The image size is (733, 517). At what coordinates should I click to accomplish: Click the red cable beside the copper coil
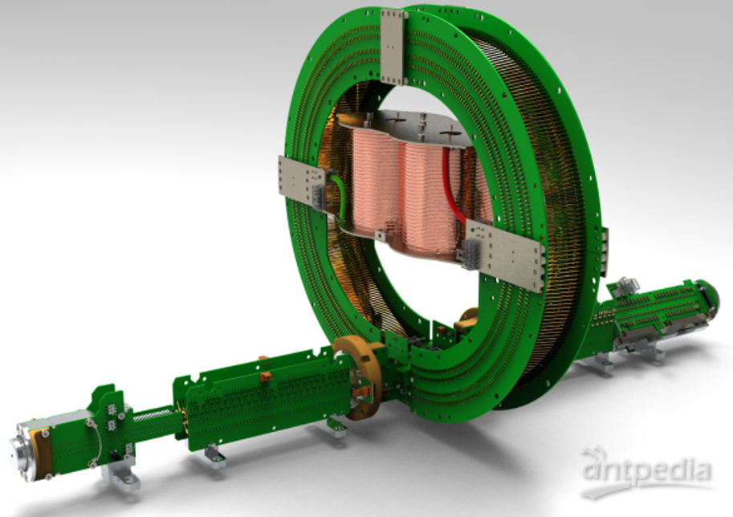pos(450,187)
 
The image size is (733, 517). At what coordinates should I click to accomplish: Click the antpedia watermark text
pos(646,470)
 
